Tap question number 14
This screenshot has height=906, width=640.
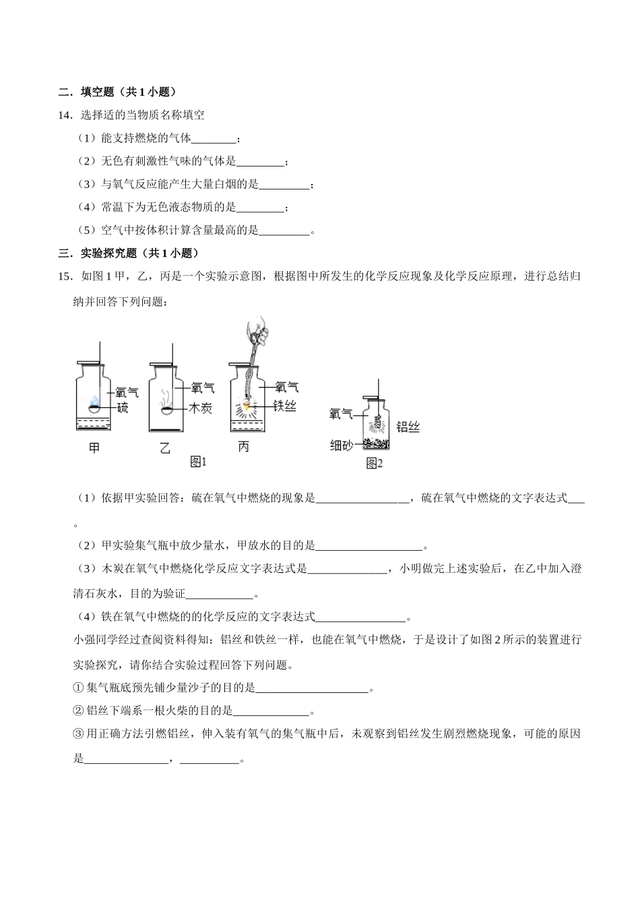[65, 115]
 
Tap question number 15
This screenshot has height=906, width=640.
[65, 276]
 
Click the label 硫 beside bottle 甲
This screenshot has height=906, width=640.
[123, 407]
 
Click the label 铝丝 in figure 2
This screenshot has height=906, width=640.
[408, 426]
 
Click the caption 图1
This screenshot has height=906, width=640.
[198, 462]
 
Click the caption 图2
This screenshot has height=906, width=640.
[375, 463]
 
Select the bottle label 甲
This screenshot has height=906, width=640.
[94, 447]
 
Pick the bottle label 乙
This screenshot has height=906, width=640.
[165, 447]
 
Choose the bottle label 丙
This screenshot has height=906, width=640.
[243, 447]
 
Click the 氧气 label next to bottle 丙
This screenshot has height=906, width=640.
[287, 388]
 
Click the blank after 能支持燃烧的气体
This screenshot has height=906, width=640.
[215, 139]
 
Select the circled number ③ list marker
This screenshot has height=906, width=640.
[77, 733]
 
